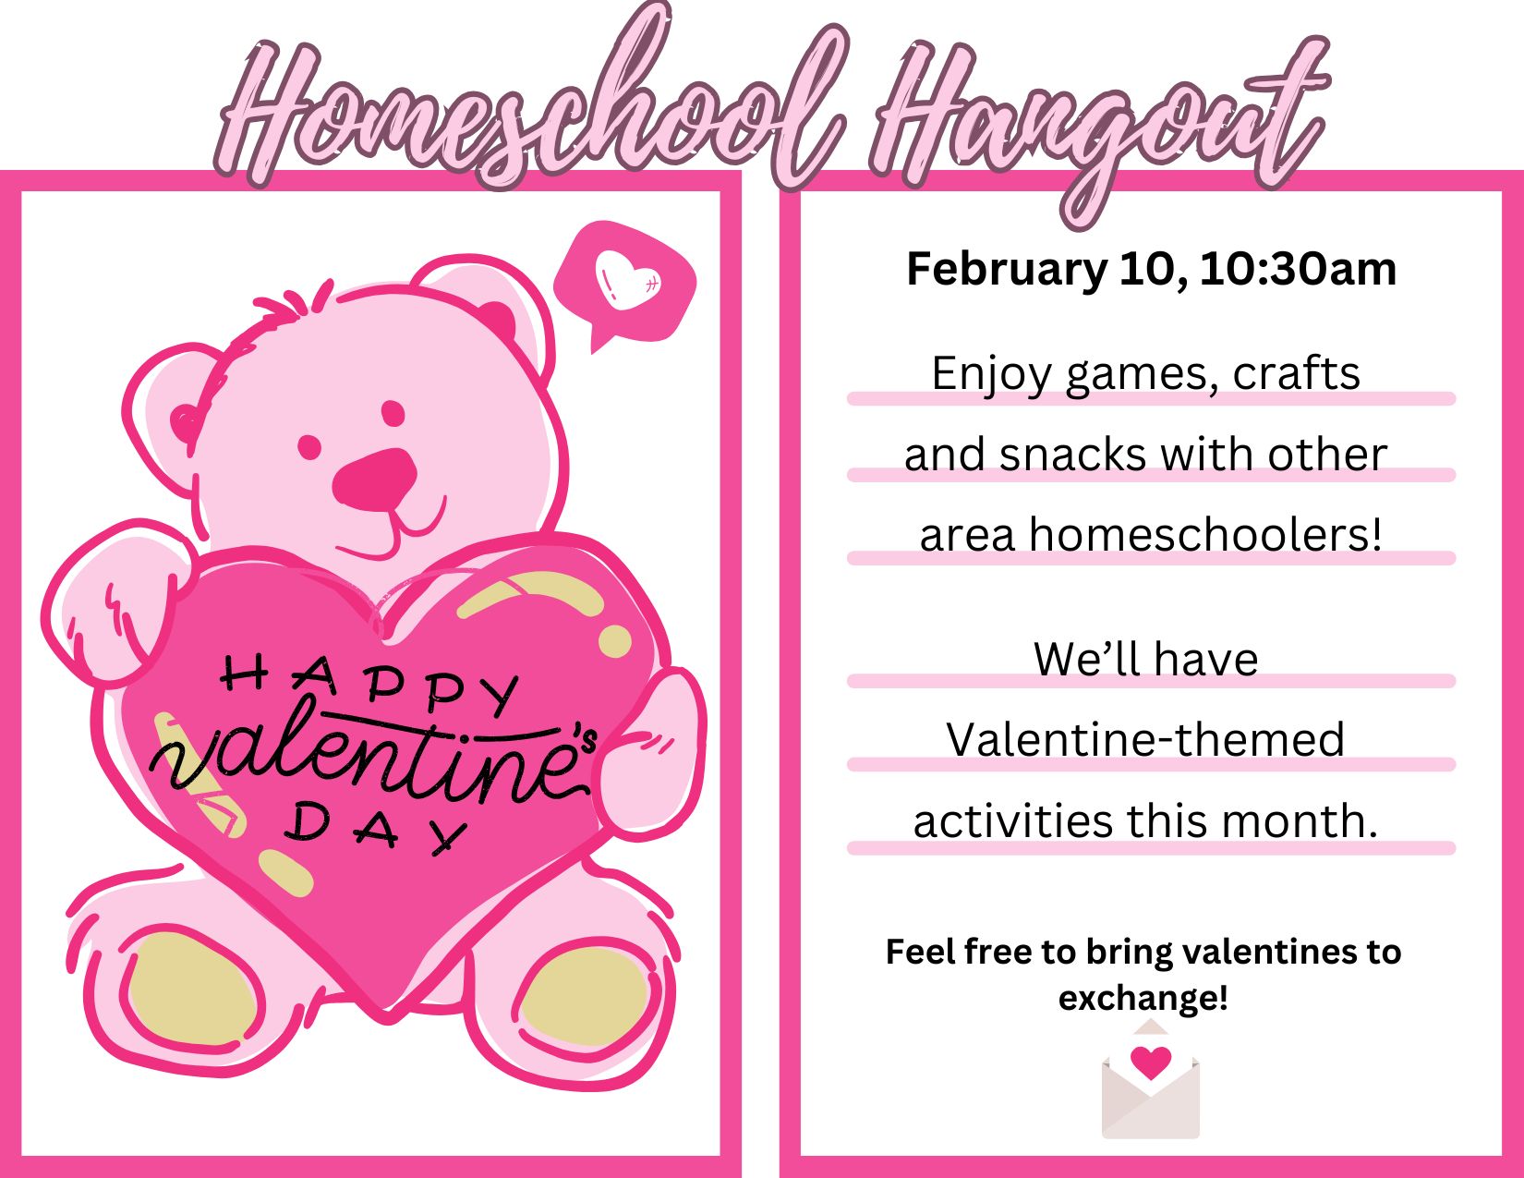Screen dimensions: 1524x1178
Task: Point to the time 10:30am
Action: tap(1298, 269)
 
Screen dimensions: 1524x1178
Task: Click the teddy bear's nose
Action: tap(374, 480)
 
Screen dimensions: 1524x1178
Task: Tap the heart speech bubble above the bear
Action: tap(624, 285)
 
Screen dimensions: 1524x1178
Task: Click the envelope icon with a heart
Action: tap(1150, 1080)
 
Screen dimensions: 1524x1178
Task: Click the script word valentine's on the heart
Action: tap(371, 758)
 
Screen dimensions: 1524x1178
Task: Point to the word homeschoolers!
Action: tap(1205, 535)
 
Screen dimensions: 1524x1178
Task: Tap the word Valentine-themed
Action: tap(1145, 740)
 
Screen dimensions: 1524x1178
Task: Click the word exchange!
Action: tap(1143, 999)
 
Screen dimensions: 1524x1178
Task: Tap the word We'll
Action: tap(1087, 660)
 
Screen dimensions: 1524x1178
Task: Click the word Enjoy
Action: tap(991, 376)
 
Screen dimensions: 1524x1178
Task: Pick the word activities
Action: tap(1013, 820)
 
